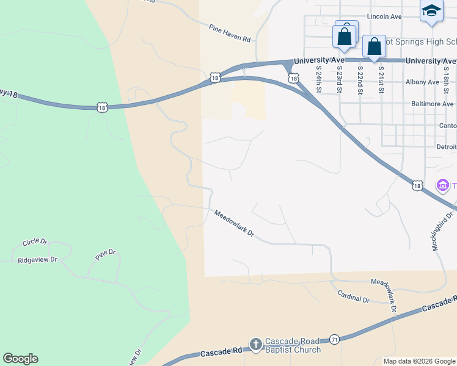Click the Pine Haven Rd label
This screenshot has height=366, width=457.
tap(230, 34)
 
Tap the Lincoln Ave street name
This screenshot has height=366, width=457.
tap(384, 16)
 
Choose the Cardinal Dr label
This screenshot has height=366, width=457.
tap(354, 296)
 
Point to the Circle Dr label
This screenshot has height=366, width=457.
tap(35, 242)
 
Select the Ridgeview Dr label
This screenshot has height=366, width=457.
tap(37, 259)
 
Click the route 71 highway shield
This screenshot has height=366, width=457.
tap(334, 339)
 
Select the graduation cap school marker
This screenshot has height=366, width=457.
tap(431, 10)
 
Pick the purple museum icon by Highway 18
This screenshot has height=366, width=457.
tap(442, 185)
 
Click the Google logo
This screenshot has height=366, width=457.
tap(20, 359)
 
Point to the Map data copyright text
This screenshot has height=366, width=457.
tap(419, 361)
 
